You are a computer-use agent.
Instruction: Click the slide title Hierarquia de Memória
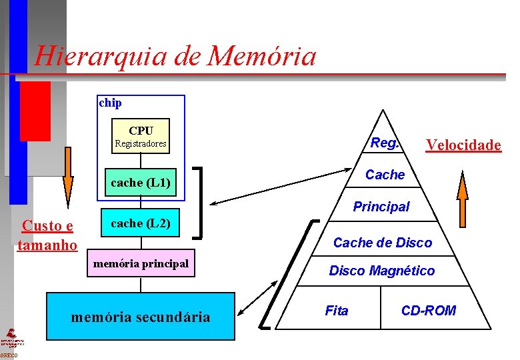[x=175, y=56]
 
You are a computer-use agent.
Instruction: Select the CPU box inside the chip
[x=141, y=136]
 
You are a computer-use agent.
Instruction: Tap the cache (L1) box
[x=141, y=182]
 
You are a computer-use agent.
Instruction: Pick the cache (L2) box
[x=141, y=224]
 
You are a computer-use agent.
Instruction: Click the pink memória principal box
[x=141, y=264]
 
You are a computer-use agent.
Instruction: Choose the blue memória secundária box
[x=141, y=317]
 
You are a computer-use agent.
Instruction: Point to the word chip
[x=110, y=103]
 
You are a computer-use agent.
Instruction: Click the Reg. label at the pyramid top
[x=385, y=143]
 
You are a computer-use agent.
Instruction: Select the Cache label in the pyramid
[x=385, y=175]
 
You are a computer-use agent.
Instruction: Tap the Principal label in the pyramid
[x=381, y=207]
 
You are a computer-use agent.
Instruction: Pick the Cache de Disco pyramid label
[x=383, y=243]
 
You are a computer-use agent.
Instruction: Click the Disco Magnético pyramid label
[x=382, y=271]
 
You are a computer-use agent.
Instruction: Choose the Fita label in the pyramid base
[x=336, y=310]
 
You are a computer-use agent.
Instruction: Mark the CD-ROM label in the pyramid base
[x=429, y=310]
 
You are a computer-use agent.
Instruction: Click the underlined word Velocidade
[x=463, y=145]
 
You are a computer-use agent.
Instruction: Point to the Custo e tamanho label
[x=47, y=235]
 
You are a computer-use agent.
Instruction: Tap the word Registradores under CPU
[x=141, y=143]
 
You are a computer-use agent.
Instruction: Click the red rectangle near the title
[x=35, y=111]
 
